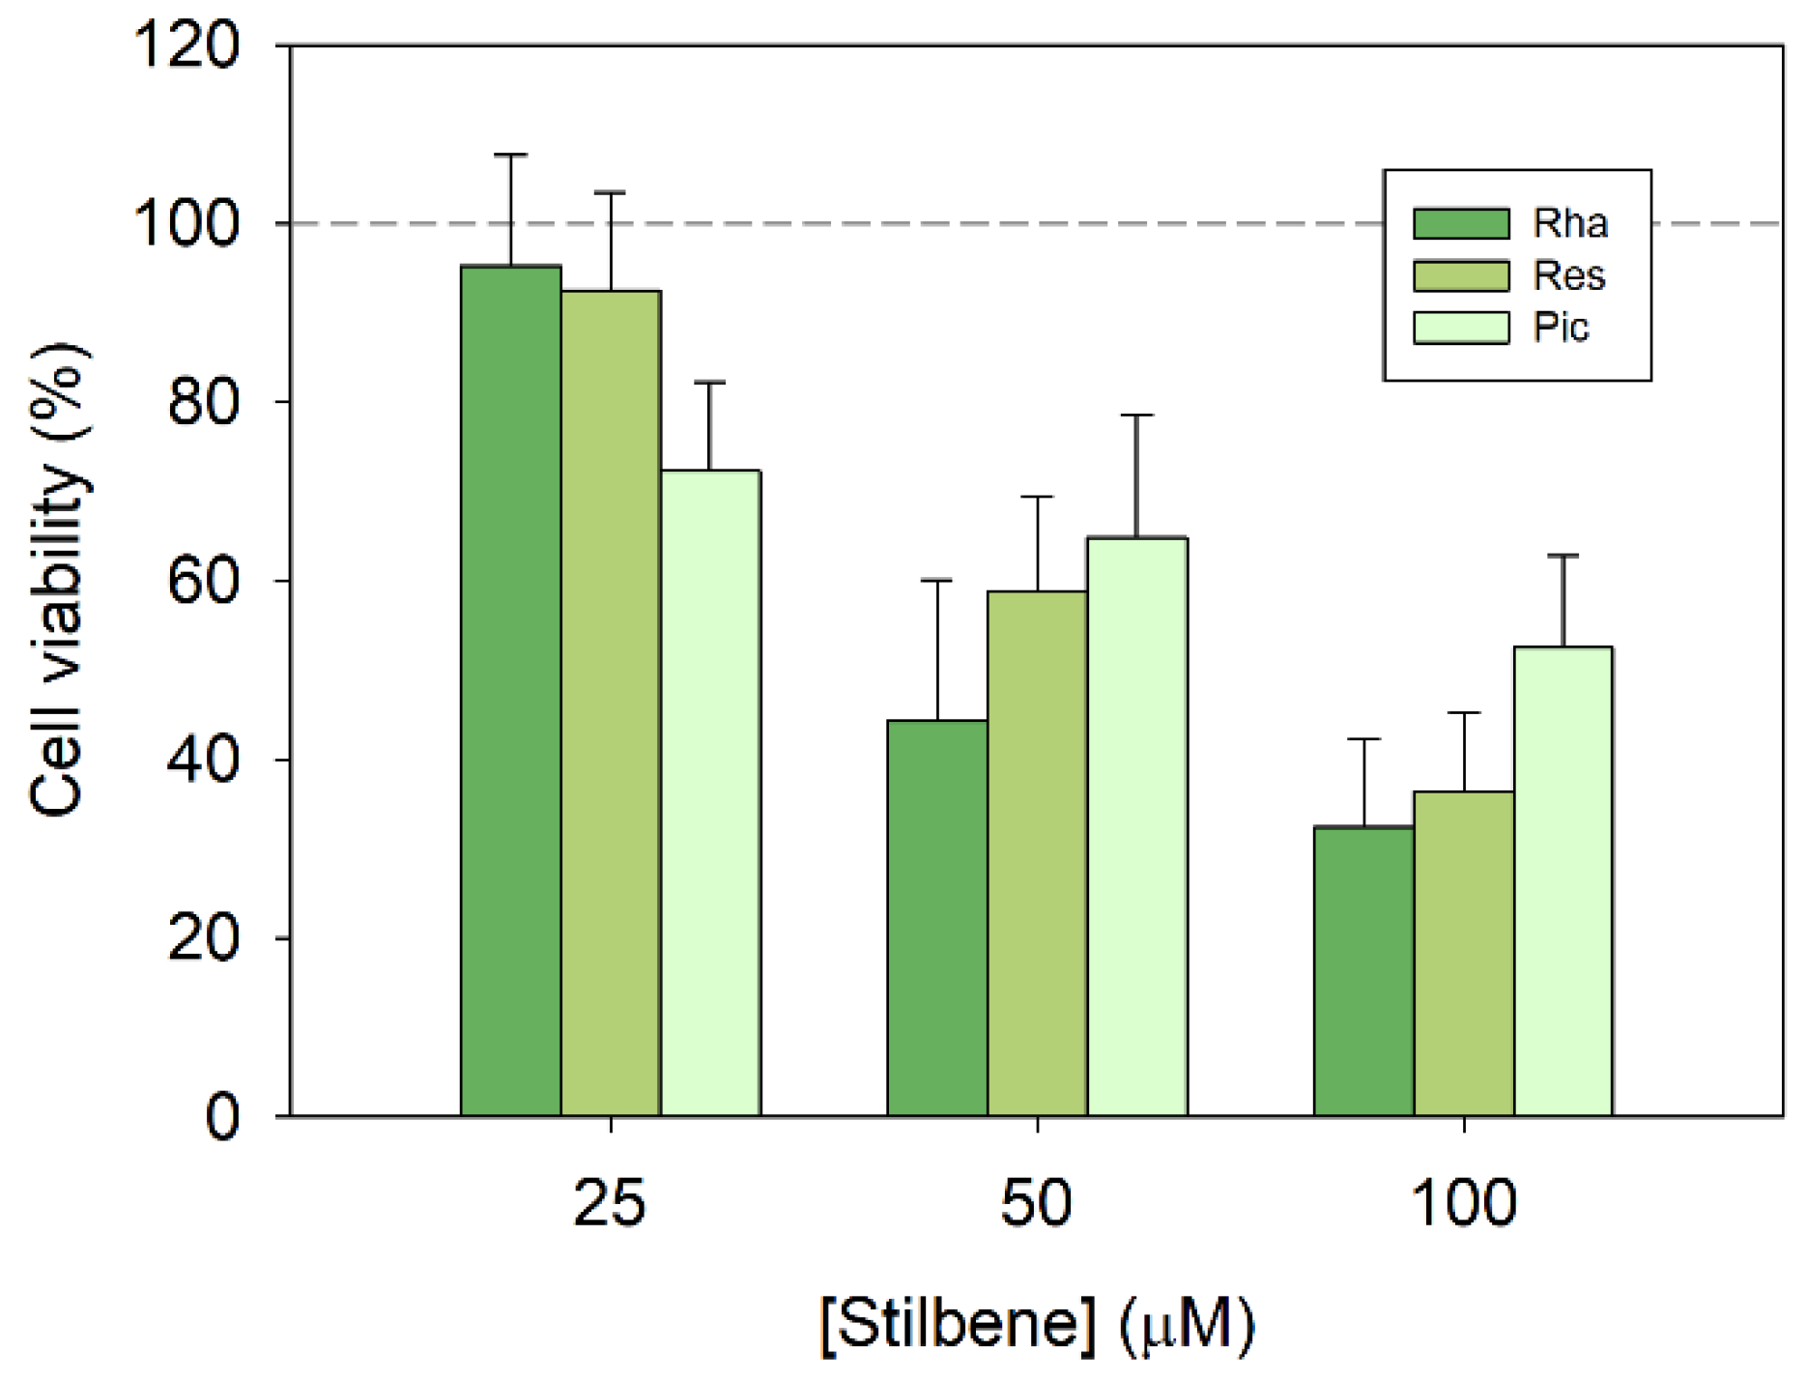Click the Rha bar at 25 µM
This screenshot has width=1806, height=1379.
[510, 691]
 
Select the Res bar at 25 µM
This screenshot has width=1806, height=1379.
[611, 704]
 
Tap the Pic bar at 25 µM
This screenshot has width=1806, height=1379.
[710, 792]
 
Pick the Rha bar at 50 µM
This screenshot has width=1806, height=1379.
[937, 918]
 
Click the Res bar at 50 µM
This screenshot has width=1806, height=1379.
[1037, 853]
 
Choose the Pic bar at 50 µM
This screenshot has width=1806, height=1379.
[1137, 826]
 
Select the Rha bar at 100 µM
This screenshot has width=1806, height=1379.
[1363, 971]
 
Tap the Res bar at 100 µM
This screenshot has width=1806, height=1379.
[1464, 954]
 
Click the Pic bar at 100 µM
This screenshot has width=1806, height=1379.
[1562, 881]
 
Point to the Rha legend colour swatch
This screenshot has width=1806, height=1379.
[1460, 223]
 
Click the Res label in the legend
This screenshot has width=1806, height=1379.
[1569, 276]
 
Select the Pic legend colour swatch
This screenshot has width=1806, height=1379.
[1460, 328]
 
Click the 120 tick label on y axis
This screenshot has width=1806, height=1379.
[186, 45]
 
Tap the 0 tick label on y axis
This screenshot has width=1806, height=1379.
[222, 1117]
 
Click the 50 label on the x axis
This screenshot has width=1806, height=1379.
[1036, 1204]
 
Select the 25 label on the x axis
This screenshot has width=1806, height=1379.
[609, 1204]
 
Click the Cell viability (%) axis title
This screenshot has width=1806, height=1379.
[58, 580]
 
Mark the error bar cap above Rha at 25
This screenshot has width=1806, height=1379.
[510, 155]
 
